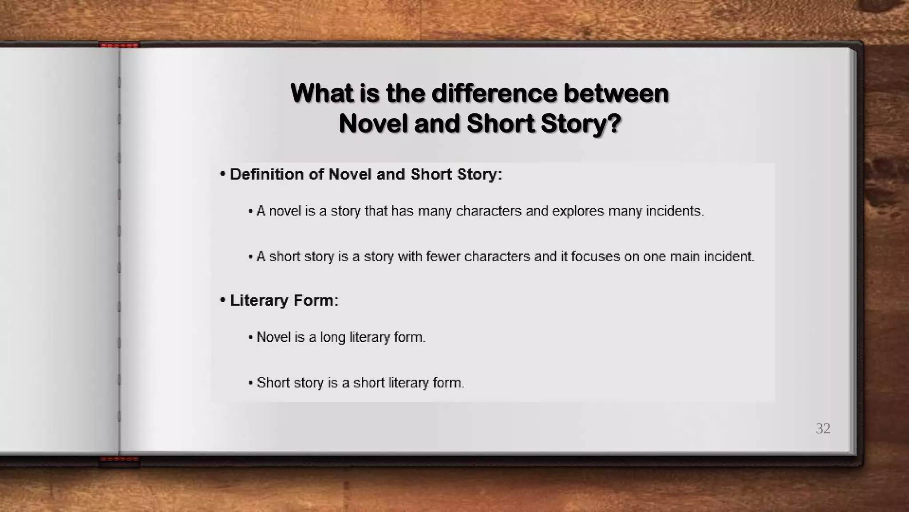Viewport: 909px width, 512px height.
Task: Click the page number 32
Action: [823, 428]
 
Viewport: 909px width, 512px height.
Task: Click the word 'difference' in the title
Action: [494, 94]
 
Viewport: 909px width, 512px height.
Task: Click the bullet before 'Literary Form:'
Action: [223, 300]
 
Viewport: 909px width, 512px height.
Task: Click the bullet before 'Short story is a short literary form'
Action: [251, 383]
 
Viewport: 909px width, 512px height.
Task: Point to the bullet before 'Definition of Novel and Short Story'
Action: [223, 174]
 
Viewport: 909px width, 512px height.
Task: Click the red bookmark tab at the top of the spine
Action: [119, 45]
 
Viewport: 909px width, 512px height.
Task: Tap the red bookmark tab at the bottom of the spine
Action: [119, 459]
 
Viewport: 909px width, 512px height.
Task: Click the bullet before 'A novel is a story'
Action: [251, 211]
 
